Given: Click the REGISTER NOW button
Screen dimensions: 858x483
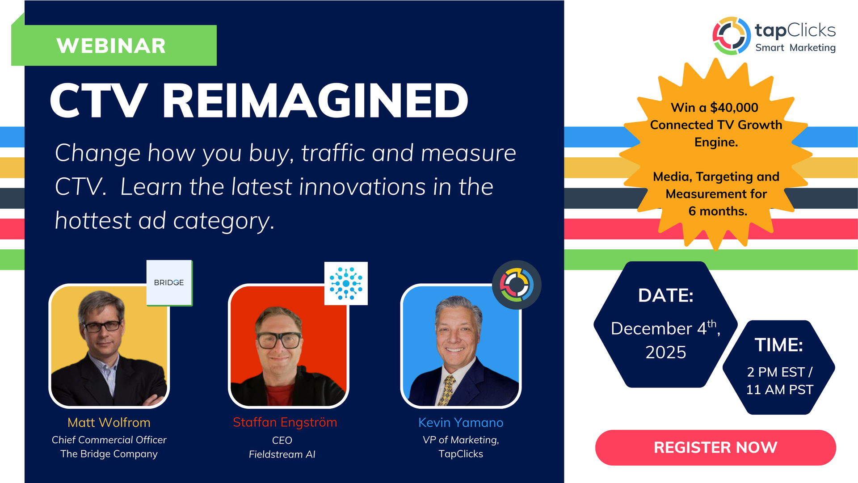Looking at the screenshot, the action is [x=715, y=447].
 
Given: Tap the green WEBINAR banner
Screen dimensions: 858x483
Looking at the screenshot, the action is [x=114, y=45].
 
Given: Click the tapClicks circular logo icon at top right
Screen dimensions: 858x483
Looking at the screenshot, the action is [x=732, y=36].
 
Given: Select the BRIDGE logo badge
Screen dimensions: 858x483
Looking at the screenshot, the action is [x=169, y=283].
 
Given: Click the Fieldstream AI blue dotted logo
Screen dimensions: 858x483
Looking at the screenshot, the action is [x=346, y=283].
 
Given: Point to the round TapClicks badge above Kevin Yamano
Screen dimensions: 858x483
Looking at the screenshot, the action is [x=517, y=285].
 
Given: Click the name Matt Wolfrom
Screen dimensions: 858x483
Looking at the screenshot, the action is [x=109, y=422].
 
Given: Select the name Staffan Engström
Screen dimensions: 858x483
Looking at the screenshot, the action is [x=285, y=422].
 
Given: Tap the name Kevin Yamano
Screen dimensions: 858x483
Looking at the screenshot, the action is [x=461, y=422].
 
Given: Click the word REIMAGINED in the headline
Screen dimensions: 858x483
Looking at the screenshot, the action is [x=315, y=101].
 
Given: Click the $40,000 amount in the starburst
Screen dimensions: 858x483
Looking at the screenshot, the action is [x=734, y=108].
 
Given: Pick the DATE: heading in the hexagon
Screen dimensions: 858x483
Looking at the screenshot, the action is [x=666, y=295].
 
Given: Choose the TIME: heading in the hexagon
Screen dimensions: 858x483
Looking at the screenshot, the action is [x=779, y=345].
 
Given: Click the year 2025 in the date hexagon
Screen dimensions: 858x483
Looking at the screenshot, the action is [x=666, y=352].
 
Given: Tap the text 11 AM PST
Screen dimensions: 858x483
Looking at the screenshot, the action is [x=780, y=390].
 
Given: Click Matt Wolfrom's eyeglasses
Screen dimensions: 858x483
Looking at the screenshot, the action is [x=102, y=326].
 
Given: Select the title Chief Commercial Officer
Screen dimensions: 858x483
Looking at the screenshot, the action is [x=109, y=440].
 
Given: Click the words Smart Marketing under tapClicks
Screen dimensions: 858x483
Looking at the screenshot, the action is [x=795, y=48].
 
